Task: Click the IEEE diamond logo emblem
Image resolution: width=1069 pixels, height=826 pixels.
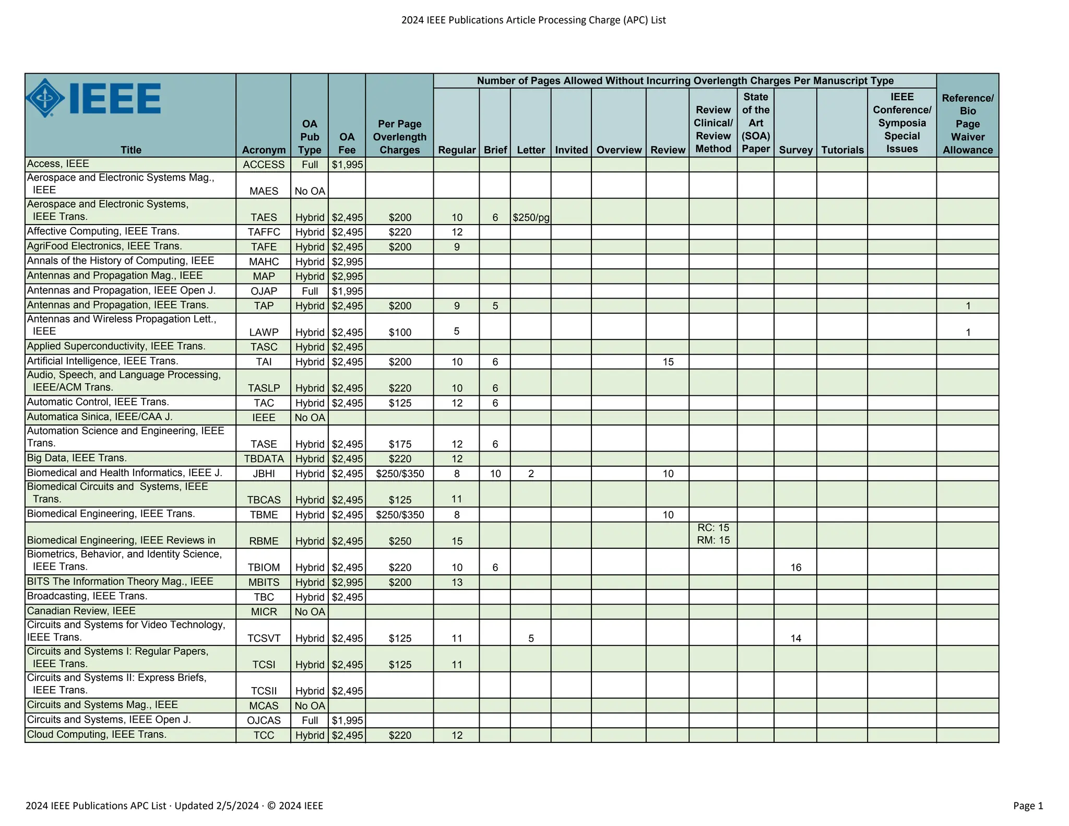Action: (45, 98)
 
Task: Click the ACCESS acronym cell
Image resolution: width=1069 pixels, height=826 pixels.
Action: (264, 164)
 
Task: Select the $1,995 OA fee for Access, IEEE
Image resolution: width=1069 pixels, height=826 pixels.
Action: (347, 164)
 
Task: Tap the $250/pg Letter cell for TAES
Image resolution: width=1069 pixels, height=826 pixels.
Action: (531, 217)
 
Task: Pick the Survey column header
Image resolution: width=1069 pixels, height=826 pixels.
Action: (795, 150)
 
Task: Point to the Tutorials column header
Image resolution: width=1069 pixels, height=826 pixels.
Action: (842, 150)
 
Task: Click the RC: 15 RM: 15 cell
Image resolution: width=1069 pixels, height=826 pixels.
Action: (713, 534)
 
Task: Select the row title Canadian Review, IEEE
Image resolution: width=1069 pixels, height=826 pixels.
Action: (81, 611)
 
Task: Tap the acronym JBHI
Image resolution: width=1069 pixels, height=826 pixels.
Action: (264, 474)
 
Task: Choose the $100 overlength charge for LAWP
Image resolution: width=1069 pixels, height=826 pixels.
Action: (400, 332)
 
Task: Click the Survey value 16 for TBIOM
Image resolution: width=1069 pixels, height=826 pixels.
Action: (795, 568)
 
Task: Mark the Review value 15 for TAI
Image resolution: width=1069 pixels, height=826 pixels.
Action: (668, 362)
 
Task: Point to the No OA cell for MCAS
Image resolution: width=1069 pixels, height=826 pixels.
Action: (310, 706)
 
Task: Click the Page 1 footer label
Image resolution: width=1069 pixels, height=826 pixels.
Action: (1028, 806)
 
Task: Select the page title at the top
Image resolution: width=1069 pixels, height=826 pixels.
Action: (533, 20)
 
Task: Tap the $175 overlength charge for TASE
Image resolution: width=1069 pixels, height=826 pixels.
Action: (400, 444)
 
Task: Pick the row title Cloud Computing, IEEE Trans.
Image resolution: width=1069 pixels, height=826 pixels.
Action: (97, 735)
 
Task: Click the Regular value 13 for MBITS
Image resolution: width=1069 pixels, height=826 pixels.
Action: (457, 582)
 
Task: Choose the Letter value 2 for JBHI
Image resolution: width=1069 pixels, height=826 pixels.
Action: (531, 474)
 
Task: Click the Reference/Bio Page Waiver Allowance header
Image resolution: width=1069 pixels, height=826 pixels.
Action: (968, 124)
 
